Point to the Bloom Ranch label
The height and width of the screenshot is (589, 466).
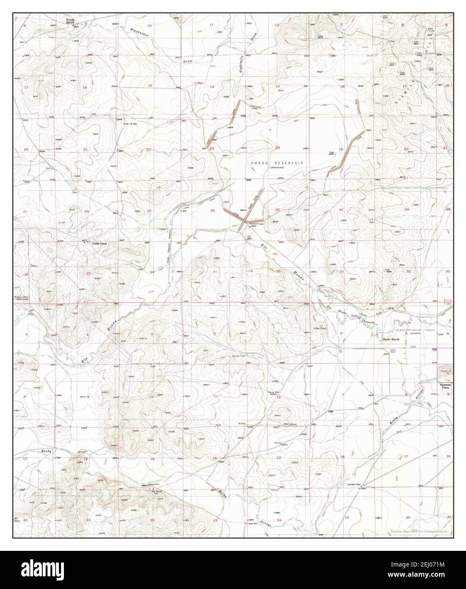click(391, 339)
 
